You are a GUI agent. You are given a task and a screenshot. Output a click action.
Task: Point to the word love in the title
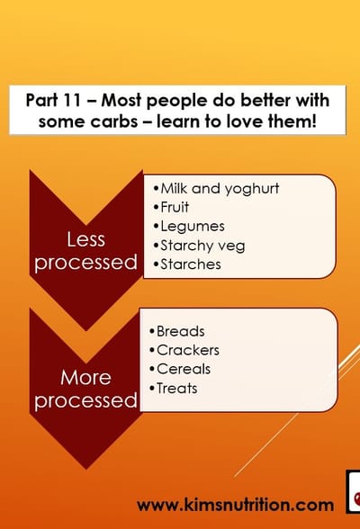click(x=251, y=120)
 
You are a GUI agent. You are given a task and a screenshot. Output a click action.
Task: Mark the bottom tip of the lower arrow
click(x=85, y=468)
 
